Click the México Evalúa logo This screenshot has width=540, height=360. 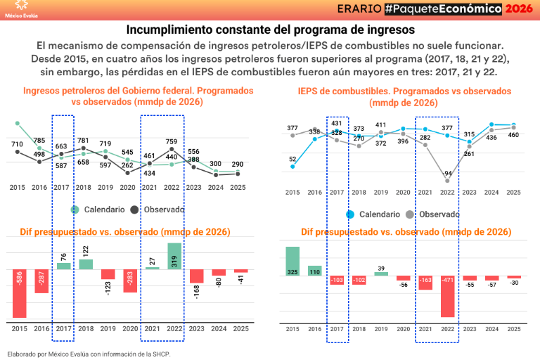22,8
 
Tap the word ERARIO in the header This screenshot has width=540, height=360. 357,8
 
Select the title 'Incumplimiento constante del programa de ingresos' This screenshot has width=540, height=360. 270,30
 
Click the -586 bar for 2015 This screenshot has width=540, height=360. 20,293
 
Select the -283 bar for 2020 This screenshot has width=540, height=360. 130,281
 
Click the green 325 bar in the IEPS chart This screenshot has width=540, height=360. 292,261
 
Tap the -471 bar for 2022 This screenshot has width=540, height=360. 447,296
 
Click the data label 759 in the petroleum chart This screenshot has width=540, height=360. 172,141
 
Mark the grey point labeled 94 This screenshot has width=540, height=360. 447,181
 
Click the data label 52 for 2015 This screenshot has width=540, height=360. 292,159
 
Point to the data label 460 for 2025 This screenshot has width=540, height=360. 514,135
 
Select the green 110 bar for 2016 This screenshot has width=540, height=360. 314,270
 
